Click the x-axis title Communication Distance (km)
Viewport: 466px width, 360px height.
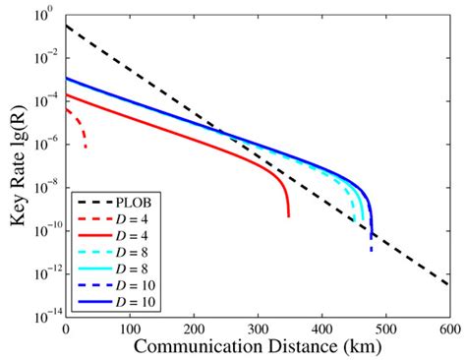coord(259,347)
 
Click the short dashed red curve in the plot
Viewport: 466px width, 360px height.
coord(78,124)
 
